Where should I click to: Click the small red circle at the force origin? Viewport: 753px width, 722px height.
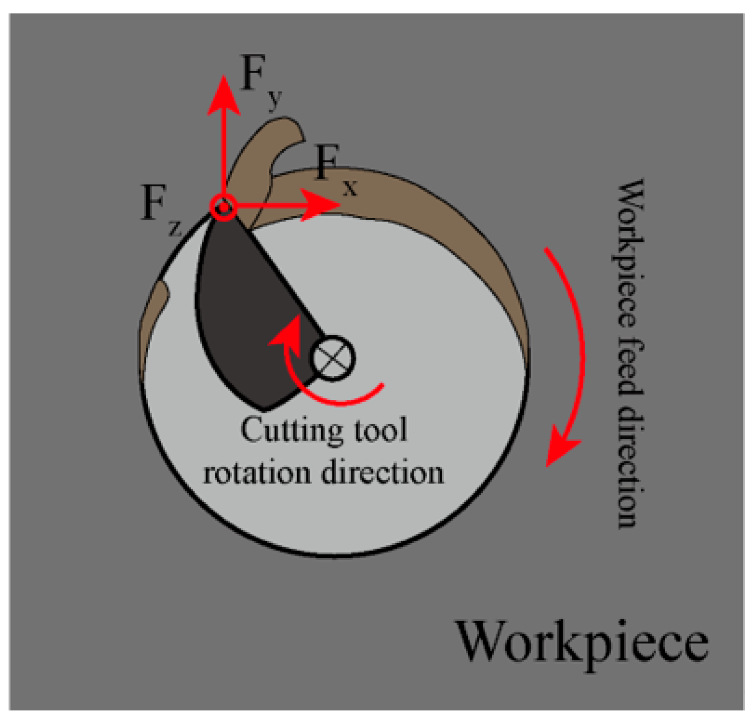[x=223, y=207]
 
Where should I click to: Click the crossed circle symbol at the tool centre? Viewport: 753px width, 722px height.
[x=333, y=358]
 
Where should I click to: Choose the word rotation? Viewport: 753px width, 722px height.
[x=256, y=473]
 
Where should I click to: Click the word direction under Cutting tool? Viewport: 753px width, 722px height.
[x=382, y=473]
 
